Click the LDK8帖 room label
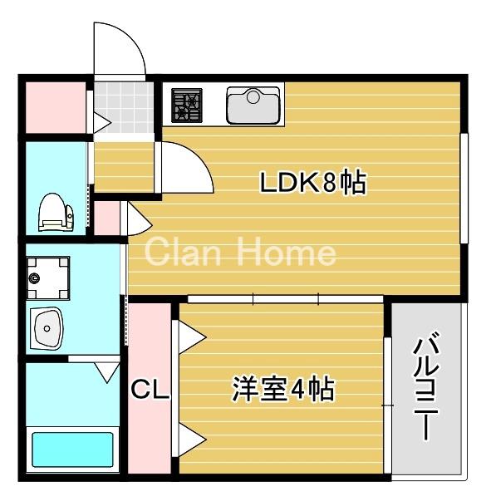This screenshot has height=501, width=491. point(313,183)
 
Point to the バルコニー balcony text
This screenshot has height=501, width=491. point(425,386)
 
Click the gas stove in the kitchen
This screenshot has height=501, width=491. point(188,106)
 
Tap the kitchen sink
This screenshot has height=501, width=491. point(253,105)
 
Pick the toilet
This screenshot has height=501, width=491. point(52,212)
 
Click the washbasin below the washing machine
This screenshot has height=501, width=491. point(47,328)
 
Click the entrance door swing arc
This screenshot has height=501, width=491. point(120,50)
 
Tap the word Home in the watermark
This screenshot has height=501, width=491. point(286,252)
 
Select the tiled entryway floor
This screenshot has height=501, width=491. point(122,104)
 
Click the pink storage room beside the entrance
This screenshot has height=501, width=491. point(53,107)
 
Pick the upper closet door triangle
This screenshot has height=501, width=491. point(189,335)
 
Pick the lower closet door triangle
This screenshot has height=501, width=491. point(189,438)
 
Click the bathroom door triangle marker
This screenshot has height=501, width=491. point(107,371)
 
